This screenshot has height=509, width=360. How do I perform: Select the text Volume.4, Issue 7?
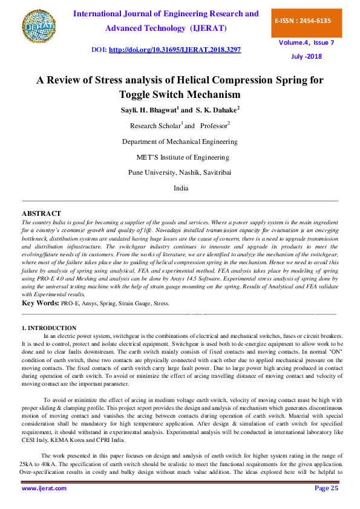click(x=306, y=44)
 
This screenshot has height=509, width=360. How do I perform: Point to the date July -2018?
click(x=306, y=56)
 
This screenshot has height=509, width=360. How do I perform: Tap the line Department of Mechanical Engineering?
click(x=180, y=141)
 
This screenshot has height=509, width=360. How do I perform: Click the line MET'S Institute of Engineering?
click(x=183, y=157)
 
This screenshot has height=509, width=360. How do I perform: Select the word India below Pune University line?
click(x=181, y=188)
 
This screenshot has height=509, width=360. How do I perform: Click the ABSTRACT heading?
click(x=41, y=213)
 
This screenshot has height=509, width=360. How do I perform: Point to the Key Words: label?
click(x=41, y=302)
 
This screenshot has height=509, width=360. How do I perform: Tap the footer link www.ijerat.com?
click(x=44, y=488)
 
